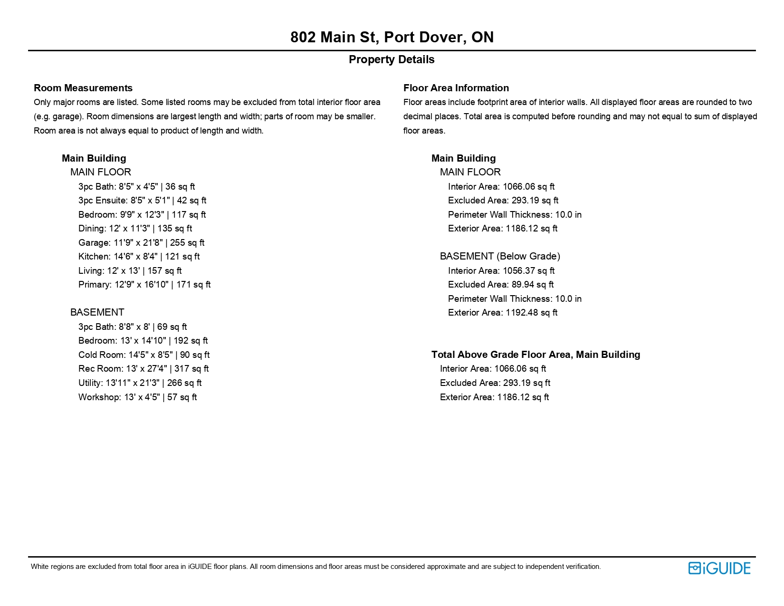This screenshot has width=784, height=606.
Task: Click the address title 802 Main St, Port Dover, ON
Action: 392,37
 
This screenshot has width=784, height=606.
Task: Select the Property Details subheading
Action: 392,60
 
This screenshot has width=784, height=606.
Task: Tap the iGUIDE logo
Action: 719,568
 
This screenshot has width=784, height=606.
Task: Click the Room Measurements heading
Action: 83,88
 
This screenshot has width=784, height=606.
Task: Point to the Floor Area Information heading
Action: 456,88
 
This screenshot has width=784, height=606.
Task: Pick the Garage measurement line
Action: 141,243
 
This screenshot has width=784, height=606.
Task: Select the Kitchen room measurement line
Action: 139,257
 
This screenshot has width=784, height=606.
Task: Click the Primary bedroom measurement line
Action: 144,285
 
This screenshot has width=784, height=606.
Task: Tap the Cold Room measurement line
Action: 144,355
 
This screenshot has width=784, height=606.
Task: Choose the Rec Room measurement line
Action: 143,369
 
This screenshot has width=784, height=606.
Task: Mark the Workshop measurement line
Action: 137,397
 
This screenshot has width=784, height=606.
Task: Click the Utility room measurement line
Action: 140,383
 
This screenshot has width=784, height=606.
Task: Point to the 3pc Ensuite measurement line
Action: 142,201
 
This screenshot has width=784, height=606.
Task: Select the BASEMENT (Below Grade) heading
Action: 500,257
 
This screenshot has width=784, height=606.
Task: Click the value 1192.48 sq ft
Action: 531,313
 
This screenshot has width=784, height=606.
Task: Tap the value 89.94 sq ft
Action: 532,285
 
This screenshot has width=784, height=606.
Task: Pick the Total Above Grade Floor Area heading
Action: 535,355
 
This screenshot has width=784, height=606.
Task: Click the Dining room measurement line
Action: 135,229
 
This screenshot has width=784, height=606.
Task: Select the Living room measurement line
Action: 130,271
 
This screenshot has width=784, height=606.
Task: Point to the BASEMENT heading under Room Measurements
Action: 97,313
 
